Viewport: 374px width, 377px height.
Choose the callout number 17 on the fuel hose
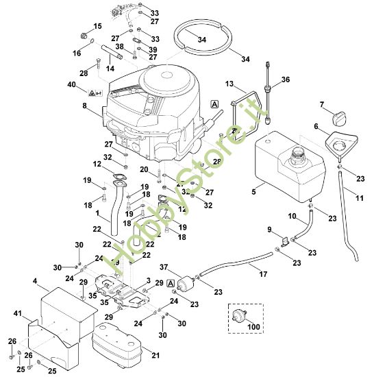click(263, 276)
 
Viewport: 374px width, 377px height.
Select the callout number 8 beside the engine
click(84, 106)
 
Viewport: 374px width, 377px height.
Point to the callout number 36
click(286, 80)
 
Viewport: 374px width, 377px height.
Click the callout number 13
click(229, 84)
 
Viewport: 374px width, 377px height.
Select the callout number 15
click(97, 26)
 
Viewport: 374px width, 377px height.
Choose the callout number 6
click(316, 126)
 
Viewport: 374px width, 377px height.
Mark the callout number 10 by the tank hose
click(291, 216)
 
